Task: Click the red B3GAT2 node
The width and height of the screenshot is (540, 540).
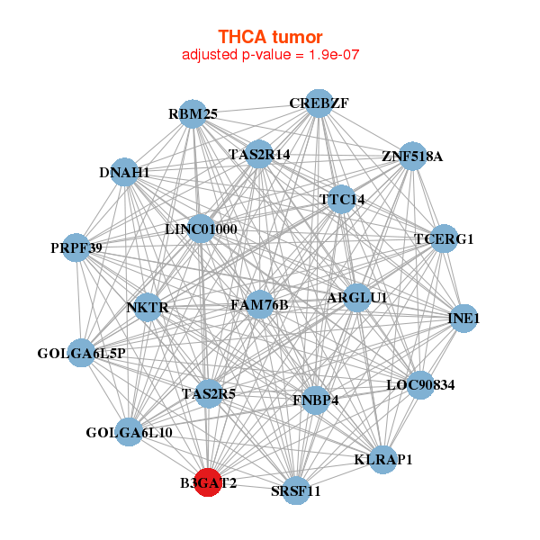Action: click(x=208, y=482)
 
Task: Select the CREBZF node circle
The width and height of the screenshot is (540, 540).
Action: click(x=318, y=103)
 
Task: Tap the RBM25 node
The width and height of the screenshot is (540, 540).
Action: click(x=193, y=114)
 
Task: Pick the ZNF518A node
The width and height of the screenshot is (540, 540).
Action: click(x=411, y=157)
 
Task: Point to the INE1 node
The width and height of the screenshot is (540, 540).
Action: click(x=463, y=319)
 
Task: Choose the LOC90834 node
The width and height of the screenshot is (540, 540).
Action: click(x=420, y=385)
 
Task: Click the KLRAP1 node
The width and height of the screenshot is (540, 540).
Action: click(x=383, y=460)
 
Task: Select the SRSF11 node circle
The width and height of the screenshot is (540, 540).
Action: click(x=296, y=490)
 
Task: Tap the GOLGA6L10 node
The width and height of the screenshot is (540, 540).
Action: click(x=130, y=433)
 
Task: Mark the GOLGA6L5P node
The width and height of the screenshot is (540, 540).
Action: click(x=82, y=353)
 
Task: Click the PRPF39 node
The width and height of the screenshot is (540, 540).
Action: click(x=77, y=247)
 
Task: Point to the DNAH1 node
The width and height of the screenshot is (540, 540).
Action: click(x=124, y=172)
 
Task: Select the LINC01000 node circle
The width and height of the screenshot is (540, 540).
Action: click(x=201, y=229)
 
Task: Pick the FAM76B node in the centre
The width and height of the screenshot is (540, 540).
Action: click(x=258, y=305)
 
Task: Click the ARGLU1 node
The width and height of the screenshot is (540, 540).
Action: click(x=357, y=298)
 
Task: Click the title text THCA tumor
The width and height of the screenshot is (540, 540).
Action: click(x=270, y=37)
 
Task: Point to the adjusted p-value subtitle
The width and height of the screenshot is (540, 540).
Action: click(x=270, y=55)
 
